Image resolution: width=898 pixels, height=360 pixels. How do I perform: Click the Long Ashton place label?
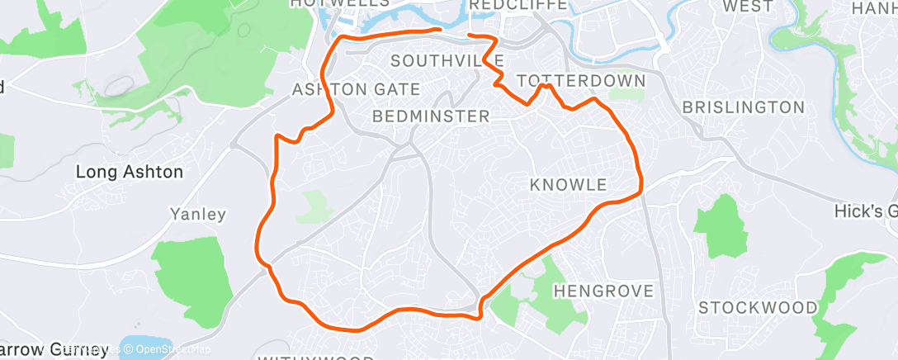(x=129, y=173)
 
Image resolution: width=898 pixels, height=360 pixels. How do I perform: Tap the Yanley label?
(x=197, y=215)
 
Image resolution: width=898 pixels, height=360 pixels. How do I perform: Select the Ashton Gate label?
(x=357, y=89)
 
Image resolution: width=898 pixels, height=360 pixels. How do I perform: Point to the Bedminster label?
(x=431, y=116)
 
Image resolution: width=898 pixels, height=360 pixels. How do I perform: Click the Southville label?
(x=447, y=61)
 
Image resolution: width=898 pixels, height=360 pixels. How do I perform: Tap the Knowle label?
(x=569, y=183)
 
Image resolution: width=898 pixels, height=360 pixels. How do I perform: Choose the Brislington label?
(x=744, y=107)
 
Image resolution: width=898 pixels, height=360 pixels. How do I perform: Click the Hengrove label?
(x=603, y=291)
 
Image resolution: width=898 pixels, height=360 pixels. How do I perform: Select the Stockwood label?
(x=758, y=308)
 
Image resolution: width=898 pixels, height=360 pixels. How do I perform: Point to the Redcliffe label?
(x=518, y=6)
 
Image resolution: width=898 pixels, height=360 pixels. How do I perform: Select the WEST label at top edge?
(x=748, y=6)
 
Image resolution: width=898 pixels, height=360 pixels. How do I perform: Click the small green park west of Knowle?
(x=314, y=206)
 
